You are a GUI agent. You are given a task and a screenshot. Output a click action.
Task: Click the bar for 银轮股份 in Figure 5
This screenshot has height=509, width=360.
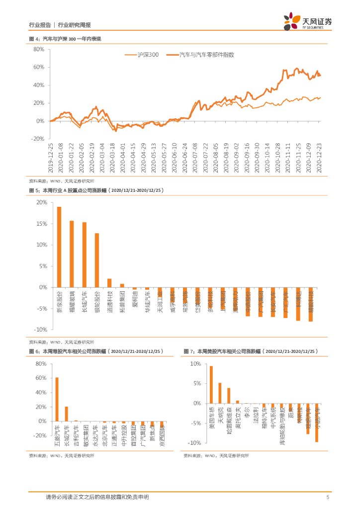pos(97,260)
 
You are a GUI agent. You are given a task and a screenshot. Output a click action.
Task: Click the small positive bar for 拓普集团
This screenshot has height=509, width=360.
pos(122,286)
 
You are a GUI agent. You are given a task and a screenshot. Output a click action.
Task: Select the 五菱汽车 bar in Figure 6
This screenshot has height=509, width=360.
pos(57,399)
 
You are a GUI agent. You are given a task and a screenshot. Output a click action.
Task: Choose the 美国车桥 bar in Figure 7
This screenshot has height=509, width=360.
pos(211,385)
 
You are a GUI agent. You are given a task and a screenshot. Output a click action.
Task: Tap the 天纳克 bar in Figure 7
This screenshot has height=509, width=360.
pos(220,393)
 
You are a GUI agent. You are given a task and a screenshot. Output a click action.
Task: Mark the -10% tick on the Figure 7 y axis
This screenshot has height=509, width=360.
pos(194,442)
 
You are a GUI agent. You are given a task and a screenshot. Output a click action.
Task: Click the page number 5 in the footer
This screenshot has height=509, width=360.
pos(328,497)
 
